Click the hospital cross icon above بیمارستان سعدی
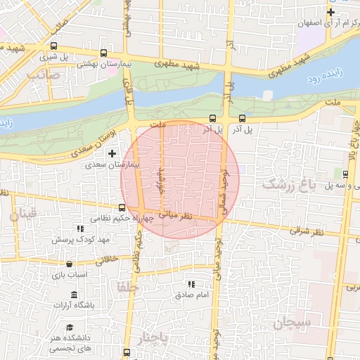(x=112, y=153)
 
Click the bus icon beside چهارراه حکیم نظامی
(x=122, y=207)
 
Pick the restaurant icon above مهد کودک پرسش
(x=80, y=229)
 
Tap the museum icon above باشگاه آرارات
(x=73, y=294)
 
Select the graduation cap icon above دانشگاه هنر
(x=70, y=327)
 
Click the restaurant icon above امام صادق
(x=191, y=284)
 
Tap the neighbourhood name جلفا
(x=127, y=287)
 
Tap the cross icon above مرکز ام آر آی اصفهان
(x=330, y=12)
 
